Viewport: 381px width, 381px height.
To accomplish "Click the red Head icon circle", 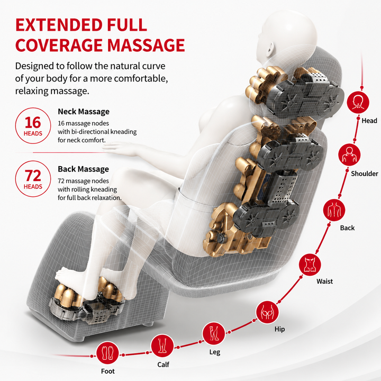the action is (358, 102).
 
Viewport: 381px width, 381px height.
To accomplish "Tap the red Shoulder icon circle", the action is (349, 155).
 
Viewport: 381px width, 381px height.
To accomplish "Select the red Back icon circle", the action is (334, 210).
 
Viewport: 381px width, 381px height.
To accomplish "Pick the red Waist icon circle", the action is (310, 265).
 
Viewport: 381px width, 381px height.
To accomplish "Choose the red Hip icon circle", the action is (267, 312).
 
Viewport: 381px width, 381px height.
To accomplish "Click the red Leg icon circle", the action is (214, 333).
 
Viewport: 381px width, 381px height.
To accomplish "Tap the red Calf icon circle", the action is (162, 346).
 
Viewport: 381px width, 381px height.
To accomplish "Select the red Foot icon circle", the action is (107, 353).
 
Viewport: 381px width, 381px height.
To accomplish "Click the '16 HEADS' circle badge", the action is (33, 125).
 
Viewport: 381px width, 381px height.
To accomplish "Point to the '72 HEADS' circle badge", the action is (33, 179).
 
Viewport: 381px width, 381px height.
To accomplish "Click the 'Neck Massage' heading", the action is (84, 112).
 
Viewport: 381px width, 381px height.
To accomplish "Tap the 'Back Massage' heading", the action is (84, 169).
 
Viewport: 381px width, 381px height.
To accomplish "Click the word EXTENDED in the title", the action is (59, 25).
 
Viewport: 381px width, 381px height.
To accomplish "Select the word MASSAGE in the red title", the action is (146, 45).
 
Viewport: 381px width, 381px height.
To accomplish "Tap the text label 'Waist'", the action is (324, 282).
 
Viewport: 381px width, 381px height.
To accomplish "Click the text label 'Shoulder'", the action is (365, 174).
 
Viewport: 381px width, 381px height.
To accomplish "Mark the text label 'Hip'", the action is (279, 330).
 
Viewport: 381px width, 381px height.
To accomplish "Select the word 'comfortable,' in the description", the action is (141, 79).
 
